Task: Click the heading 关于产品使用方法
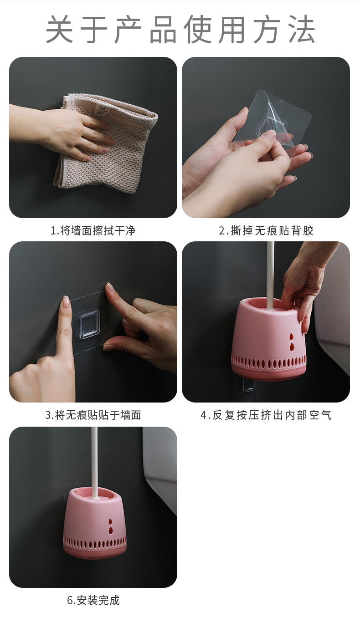[180, 29]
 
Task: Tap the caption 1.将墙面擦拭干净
[93, 230]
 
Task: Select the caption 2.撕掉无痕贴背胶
[266, 230]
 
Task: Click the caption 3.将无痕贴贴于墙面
[93, 415]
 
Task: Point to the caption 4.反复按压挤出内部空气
[266, 415]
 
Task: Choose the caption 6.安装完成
[93, 600]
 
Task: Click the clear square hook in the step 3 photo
[89, 325]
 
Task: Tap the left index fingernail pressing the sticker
[66, 301]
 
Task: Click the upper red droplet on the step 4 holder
[291, 337]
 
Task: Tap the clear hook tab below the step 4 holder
[248, 385]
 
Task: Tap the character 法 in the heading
[302, 29]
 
